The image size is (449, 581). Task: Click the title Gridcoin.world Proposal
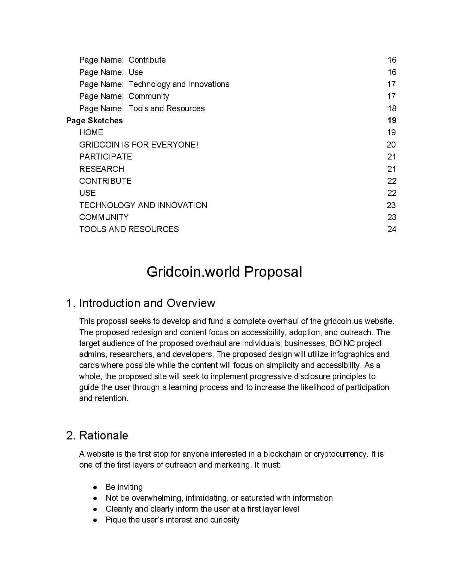tap(224, 272)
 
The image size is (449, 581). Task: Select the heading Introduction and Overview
tap(147, 303)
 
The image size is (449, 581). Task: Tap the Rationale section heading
tap(104, 436)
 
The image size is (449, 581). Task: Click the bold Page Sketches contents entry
tap(94, 120)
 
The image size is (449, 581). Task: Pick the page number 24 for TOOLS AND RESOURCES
tap(392, 229)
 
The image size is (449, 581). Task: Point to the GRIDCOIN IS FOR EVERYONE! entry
tap(139, 145)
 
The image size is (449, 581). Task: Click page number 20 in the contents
tap(391, 145)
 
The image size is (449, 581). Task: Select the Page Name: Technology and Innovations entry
tap(154, 84)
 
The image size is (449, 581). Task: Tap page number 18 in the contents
tap(392, 108)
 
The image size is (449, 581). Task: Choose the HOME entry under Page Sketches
tap(91, 132)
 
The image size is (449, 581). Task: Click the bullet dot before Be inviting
tap(95, 487)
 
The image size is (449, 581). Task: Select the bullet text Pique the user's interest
tap(173, 520)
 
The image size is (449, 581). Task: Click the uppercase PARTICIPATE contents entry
tap(106, 157)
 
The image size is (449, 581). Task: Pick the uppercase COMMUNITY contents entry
tap(104, 217)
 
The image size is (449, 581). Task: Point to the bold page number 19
tap(392, 120)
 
